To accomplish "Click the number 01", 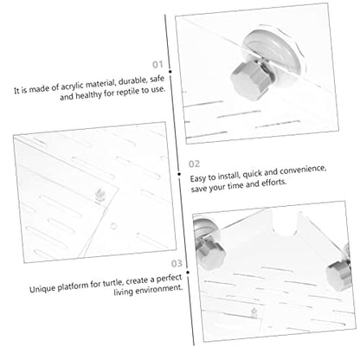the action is coord(157,64).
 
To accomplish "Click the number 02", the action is coord(194,164).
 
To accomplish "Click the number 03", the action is coord(177,263).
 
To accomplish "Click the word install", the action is coord(228,176).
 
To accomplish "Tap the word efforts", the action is coord(274,183).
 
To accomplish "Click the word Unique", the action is coord(42,289).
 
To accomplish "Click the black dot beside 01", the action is coord(170,71).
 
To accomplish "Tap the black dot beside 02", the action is coord(179,174).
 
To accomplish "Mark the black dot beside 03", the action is coord(188,273).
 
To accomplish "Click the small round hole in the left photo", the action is coord(113,226).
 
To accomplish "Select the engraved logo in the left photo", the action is coord(100,196).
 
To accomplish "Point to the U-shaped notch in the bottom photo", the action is coord(285,224).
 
